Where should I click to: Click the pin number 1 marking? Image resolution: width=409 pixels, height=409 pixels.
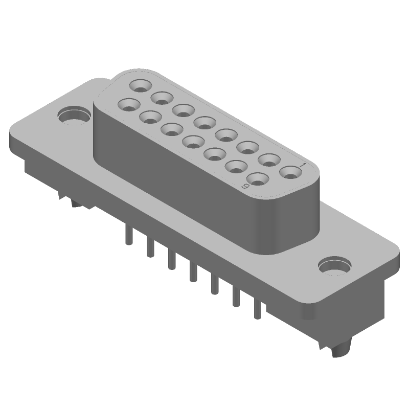click(303, 165)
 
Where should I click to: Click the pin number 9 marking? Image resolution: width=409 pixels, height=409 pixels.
click(245, 186)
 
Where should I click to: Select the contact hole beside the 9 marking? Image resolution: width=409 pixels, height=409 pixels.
click(258, 178)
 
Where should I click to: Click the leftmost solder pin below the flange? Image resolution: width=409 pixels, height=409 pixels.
click(128, 236)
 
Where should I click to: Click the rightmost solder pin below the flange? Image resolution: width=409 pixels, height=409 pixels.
click(257, 309)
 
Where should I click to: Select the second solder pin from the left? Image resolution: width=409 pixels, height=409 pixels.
click(150, 247)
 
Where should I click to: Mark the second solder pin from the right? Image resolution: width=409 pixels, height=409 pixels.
click(236, 297)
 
